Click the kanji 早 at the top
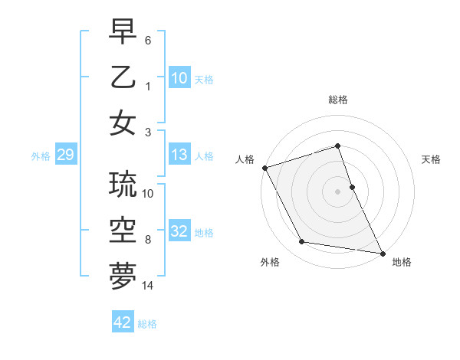(123, 33)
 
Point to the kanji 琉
(123, 185)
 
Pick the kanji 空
(123, 230)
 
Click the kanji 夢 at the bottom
(123, 276)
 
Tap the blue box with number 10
(179, 78)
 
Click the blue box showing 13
(179, 155)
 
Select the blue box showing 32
(179, 231)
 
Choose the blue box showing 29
(65, 155)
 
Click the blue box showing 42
(123, 322)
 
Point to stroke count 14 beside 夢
(148, 286)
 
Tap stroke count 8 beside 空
(148, 240)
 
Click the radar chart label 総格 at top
(338, 100)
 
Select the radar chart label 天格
(431, 159)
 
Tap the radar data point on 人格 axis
(264, 168)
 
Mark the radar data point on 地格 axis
(382, 252)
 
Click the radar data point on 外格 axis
(301, 242)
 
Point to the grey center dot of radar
(337, 191)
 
